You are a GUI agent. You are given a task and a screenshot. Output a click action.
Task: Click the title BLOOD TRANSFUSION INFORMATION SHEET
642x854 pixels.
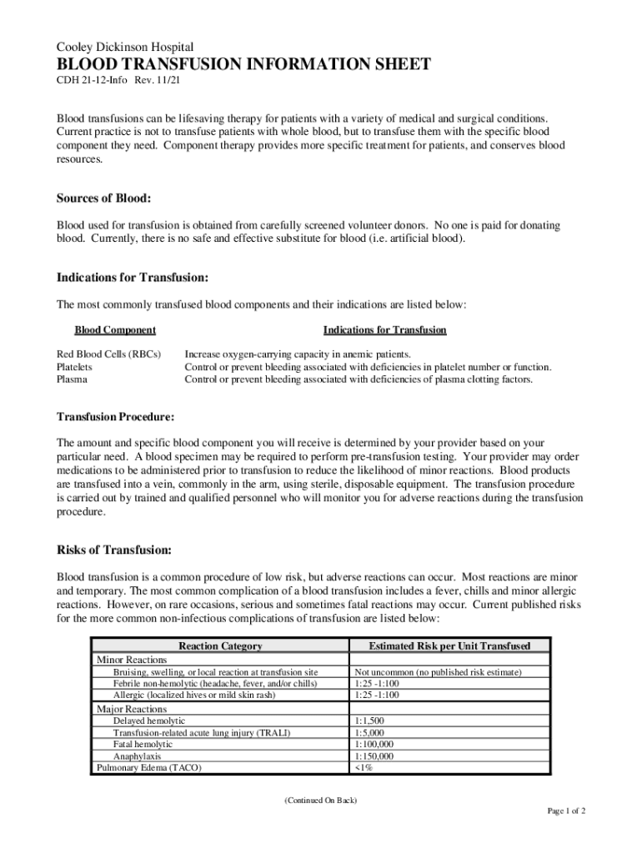pyautogui.click(x=243, y=65)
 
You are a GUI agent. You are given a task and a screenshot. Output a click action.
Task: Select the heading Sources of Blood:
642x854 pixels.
pyautogui.click(x=103, y=198)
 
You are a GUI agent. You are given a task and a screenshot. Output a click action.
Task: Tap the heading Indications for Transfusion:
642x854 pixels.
pyautogui.click(x=132, y=277)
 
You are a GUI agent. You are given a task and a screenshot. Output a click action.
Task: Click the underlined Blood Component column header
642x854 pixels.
pyautogui.click(x=115, y=330)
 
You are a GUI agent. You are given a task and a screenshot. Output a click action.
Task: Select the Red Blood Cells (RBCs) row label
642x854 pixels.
pyautogui.click(x=108, y=354)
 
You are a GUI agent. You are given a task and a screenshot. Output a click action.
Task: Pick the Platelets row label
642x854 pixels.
pyautogui.click(x=74, y=367)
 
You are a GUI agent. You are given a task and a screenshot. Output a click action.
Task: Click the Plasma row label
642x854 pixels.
pyautogui.click(x=72, y=379)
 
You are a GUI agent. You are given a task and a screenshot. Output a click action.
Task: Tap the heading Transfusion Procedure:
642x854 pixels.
pyautogui.click(x=115, y=417)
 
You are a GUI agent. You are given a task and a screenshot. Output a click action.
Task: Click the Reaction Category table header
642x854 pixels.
pyautogui.click(x=220, y=646)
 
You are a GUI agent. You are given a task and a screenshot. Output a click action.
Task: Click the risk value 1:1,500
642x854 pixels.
pyautogui.click(x=369, y=721)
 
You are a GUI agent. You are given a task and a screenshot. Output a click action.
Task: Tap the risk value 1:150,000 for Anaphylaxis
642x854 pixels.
pyautogui.click(x=374, y=756)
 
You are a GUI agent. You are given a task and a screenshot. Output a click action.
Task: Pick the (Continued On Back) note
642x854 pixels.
pyautogui.click(x=320, y=801)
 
